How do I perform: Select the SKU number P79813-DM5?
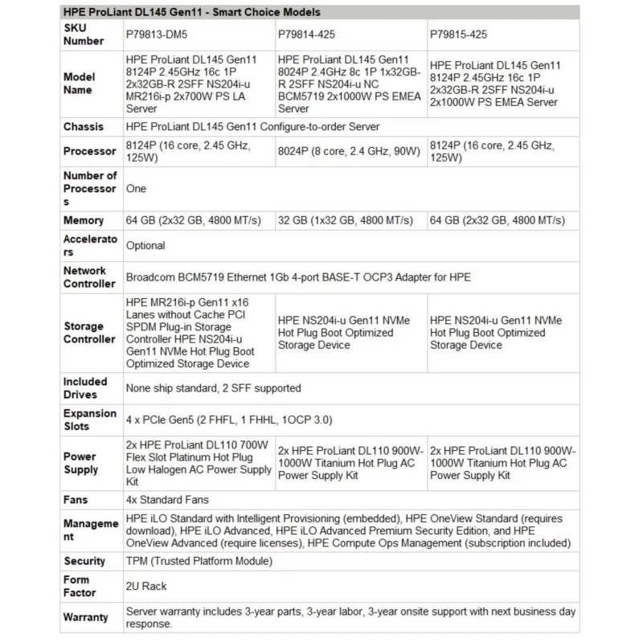tap(160, 35)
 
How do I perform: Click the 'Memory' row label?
tap(84, 220)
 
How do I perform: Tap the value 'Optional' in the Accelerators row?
tap(145, 245)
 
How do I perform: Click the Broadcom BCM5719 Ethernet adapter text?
tap(298, 277)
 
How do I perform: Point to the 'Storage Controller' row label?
tap(89, 332)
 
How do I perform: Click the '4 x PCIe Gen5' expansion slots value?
tap(229, 420)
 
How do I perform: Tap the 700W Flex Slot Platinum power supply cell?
tap(199, 463)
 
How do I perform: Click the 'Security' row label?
tap(84, 561)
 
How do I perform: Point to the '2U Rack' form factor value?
tap(147, 586)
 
